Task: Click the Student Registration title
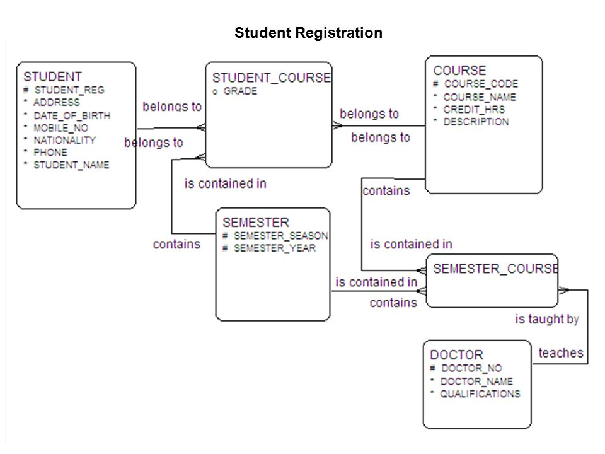click(x=308, y=33)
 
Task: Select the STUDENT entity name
click(x=52, y=76)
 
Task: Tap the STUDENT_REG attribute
click(x=69, y=90)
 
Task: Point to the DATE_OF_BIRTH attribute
click(x=72, y=115)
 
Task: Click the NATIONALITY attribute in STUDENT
click(x=64, y=140)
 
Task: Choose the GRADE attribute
click(x=240, y=91)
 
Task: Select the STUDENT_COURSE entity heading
click(x=272, y=78)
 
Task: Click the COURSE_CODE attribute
click(x=481, y=84)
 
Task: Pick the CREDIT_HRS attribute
click(x=474, y=109)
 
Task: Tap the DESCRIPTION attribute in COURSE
click(x=476, y=122)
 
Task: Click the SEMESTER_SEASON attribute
click(x=281, y=235)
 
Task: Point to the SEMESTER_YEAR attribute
click(x=275, y=248)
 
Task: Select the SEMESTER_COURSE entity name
click(x=495, y=269)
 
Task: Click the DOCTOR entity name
click(x=456, y=355)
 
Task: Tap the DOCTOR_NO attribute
click(x=471, y=368)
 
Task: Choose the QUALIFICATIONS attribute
click(x=480, y=393)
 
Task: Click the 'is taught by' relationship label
click(x=547, y=319)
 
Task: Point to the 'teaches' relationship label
click(x=561, y=353)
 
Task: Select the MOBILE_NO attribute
click(x=60, y=128)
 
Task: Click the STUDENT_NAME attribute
click(x=71, y=165)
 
